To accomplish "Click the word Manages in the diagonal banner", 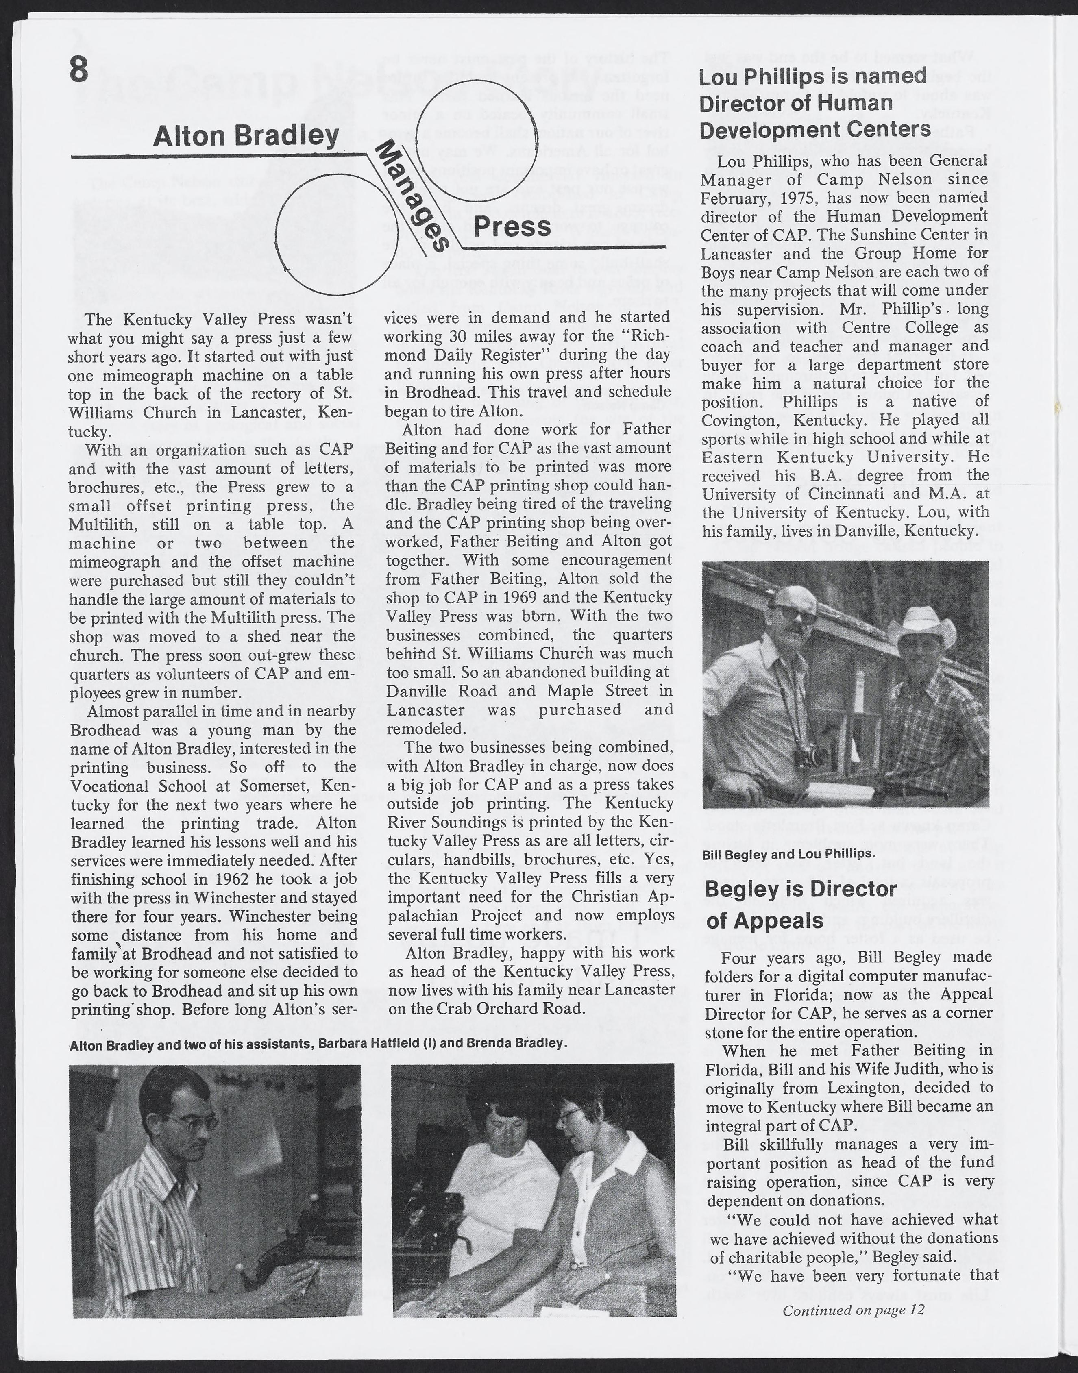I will click(x=412, y=196).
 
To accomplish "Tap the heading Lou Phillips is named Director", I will click(x=815, y=103).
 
